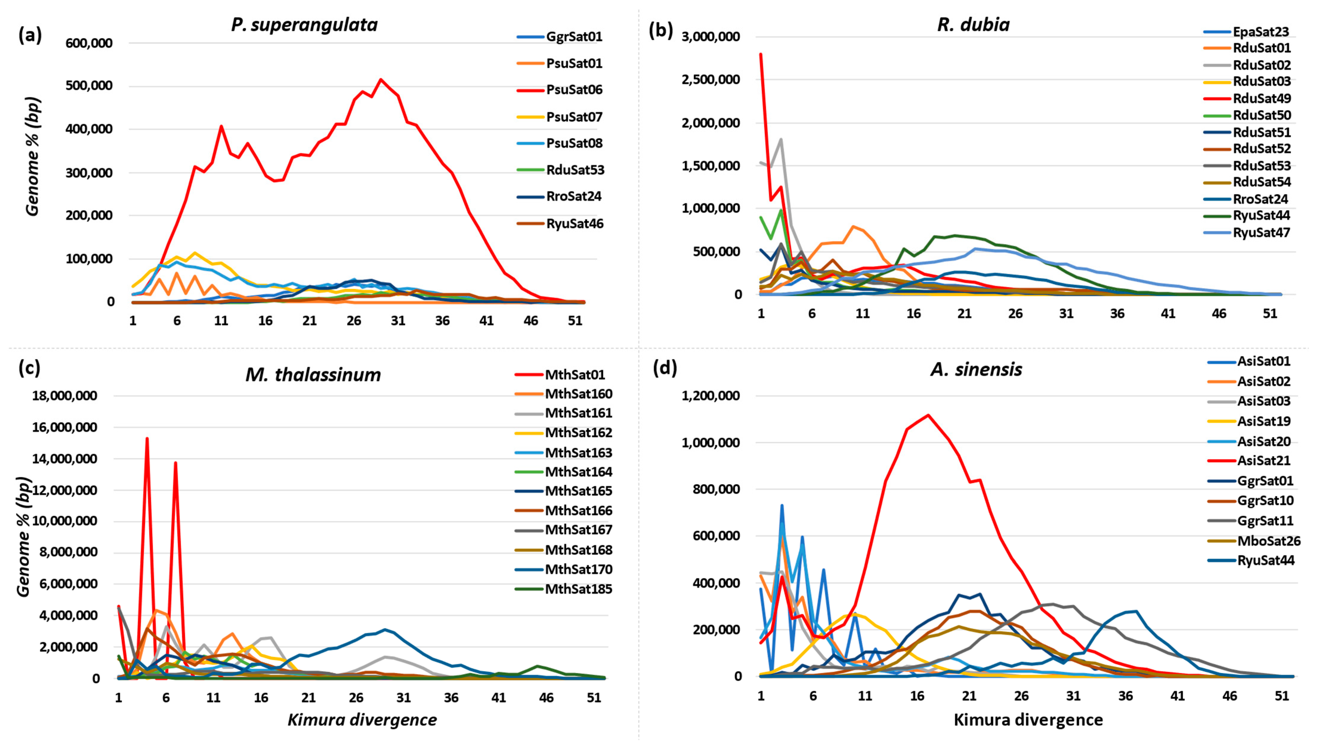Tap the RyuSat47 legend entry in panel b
(1261, 233)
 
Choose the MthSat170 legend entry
(578, 569)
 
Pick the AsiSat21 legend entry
(1264, 461)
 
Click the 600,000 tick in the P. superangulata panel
(89, 43)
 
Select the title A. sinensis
(976, 370)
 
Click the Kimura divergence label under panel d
(1028, 720)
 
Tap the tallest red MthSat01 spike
(147, 439)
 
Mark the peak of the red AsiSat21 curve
(928, 415)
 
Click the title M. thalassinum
(313, 375)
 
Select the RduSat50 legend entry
(1262, 115)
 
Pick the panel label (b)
(661, 31)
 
